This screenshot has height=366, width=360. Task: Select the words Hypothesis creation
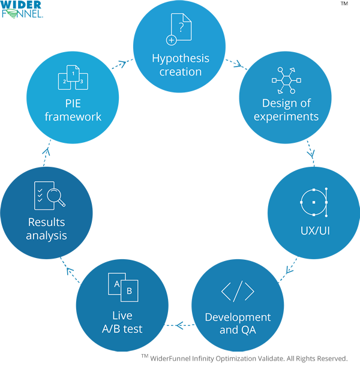180,65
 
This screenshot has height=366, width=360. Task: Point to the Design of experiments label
286,109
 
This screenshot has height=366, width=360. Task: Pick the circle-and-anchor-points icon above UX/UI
313,202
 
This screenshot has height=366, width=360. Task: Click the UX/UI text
313,230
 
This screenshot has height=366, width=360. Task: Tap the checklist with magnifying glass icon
47,196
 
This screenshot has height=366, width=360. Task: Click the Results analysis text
47,229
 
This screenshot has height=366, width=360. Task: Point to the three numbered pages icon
73,77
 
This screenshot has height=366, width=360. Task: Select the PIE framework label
73,109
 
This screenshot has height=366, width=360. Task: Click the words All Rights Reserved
317,358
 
